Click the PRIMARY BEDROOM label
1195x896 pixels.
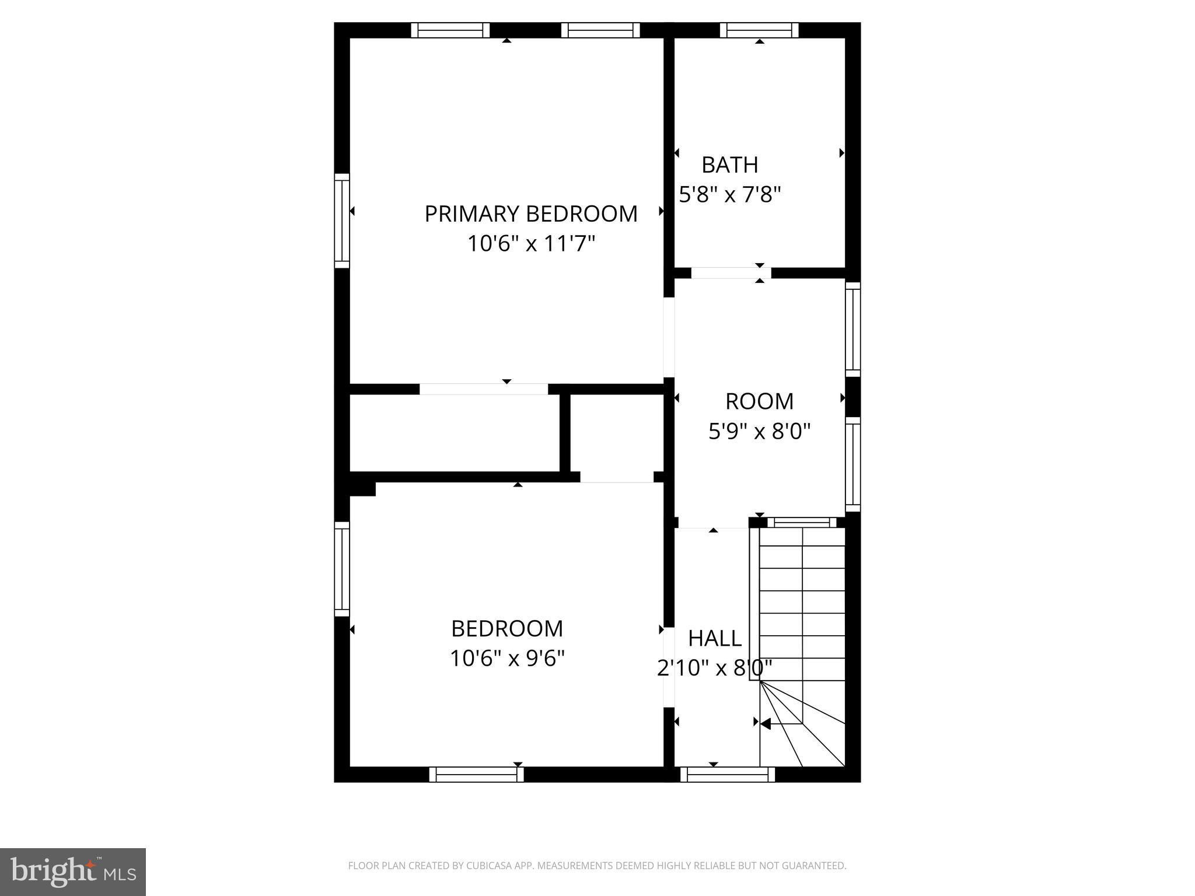pyautogui.click(x=530, y=214)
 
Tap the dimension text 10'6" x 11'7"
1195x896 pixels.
pyautogui.click(x=530, y=244)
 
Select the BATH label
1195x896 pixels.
pyautogui.click(x=729, y=165)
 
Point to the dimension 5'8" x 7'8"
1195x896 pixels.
pyautogui.click(x=729, y=194)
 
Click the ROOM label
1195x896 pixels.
pyautogui.click(x=759, y=401)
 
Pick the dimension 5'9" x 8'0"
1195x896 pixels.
pyautogui.click(x=759, y=432)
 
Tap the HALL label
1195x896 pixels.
pyautogui.click(x=715, y=639)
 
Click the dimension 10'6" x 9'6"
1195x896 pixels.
pyautogui.click(x=507, y=659)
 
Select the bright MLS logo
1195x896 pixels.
pyautogui.click(x=72, y=871)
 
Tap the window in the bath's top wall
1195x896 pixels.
pyautogui.click(x=759, y=30)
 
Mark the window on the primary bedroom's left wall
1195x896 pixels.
pyautogui.click(x=342, y=220)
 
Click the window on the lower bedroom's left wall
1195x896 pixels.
pyautogui.click(x=342, y=569)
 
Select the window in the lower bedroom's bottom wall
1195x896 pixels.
pyautogui.click(x=476, y=774)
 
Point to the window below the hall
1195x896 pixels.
pyautogui.click(x=727, y=774)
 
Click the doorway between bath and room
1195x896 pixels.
pyautogui.click(x=731, y=273)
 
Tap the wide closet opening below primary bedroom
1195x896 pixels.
pyautogui.click(x=484, y=389)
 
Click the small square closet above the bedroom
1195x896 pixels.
pyautogui.click(x=617, y=433)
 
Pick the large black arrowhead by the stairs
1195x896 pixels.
pyautogui.click(x=766, y=723)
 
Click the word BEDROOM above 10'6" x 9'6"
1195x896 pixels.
pyautogui.click(x=507, y=629)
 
